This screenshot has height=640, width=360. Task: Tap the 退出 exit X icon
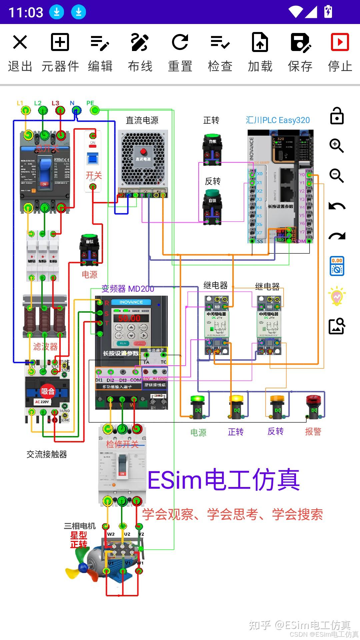[x=20, y=43]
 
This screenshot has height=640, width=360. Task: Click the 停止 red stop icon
[x=340, y=42]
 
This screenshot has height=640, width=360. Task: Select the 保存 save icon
[x=300, y=43]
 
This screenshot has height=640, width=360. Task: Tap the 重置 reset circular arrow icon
[x=180, y=43]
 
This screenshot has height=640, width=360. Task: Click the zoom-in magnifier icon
[x=337, y=146]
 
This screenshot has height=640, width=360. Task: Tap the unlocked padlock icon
[x=337, y=116]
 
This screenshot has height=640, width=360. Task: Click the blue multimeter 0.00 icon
[x=337, y=266]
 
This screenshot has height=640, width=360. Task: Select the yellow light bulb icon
[x=337, y=296]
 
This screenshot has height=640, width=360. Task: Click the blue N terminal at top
[x=77, y=110]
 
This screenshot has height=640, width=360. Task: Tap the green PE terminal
[x=95, y=110]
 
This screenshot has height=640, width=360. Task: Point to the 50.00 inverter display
[x=129, y=318]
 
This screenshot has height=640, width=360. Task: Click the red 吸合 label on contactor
[x=48, y=391]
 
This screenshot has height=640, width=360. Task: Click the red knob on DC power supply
[x=143, y=152]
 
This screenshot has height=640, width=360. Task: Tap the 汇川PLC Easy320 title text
[x=278, y=120]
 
